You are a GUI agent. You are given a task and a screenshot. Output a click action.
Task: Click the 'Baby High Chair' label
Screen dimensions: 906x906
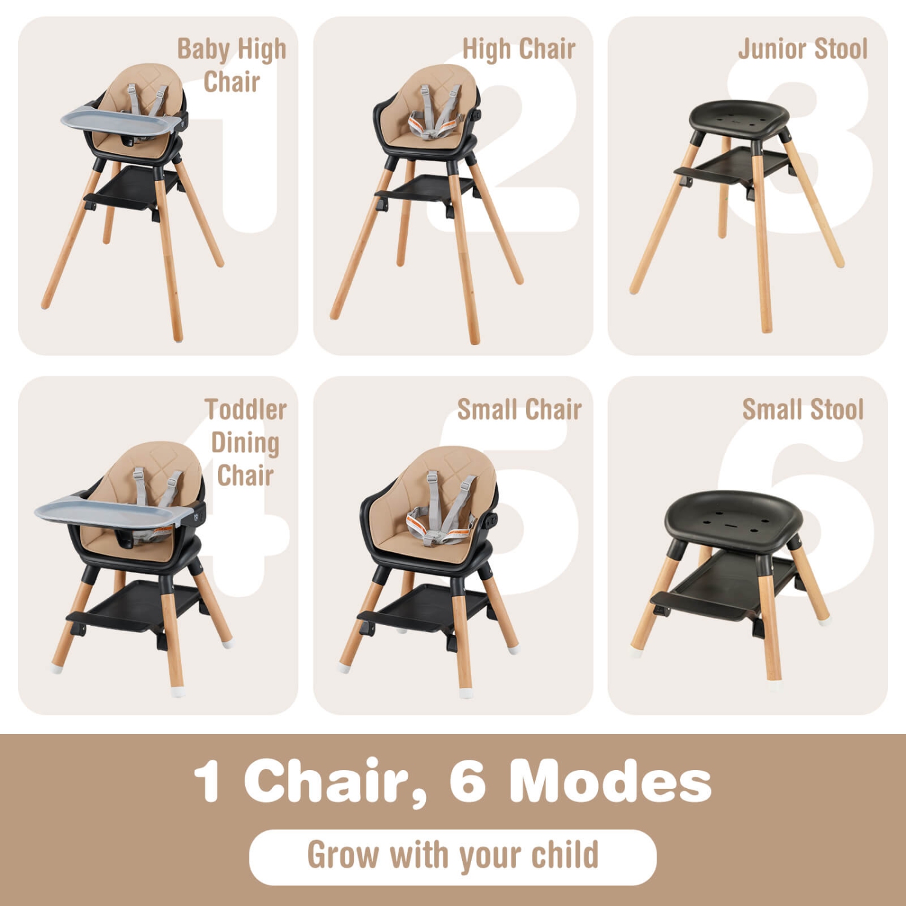(231, 65)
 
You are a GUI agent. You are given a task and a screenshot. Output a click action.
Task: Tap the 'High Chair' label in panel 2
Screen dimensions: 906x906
(518, 50)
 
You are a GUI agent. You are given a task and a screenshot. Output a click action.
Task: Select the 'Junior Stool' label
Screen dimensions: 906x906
(802, 50)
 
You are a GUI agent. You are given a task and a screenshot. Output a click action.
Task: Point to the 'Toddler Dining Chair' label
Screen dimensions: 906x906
(245, 442)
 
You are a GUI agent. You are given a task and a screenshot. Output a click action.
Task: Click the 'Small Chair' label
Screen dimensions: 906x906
(519, 410)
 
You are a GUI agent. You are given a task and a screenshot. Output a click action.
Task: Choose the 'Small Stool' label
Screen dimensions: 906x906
(803, 410)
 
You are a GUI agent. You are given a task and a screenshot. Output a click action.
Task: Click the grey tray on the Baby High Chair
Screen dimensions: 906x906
(121, 120)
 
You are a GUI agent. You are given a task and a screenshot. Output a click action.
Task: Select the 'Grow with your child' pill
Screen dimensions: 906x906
(452, 856)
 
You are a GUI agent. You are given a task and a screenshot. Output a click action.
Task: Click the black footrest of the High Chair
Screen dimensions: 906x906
(423, 190)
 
